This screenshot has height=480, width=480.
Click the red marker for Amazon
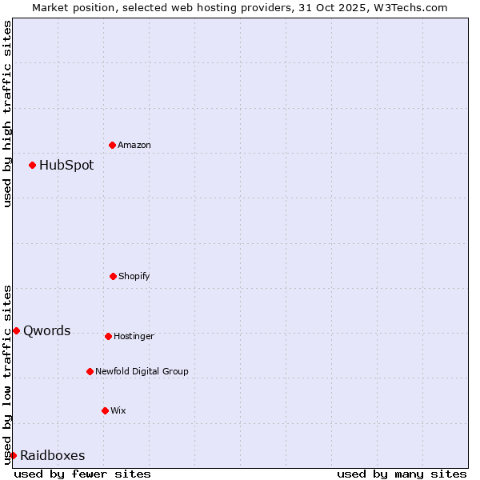[x=112, y=145]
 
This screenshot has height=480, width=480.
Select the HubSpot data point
[x=32, y=165]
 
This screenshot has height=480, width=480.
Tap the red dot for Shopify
[x=113, y=276]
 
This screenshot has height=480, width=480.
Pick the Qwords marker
[x=16, y=330]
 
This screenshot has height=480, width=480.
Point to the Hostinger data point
[x=108, y=336]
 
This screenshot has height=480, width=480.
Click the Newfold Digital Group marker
[x=90, y=371]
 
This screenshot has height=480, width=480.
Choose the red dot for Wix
[x=105, y=410]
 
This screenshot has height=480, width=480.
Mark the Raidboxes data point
[x=13, y=455]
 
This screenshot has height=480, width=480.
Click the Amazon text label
[x=134, y=145]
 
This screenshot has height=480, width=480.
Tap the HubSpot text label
[x=66, y=166]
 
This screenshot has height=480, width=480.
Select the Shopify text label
[x=134, y=276]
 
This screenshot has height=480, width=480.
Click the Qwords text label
[x=47, y=331]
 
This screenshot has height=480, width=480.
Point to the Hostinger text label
[x=134, y=336]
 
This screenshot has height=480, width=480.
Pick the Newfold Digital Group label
[x=142, y=371]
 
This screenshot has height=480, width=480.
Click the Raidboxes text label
[x=53, y=456]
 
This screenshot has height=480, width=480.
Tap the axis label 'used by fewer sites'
[x=82, y=474]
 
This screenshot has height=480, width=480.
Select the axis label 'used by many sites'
[x=402, y=474]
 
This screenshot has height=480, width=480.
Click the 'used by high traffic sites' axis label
[x=8, y=114]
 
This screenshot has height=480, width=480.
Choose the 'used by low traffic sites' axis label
[x=8, y=374]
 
